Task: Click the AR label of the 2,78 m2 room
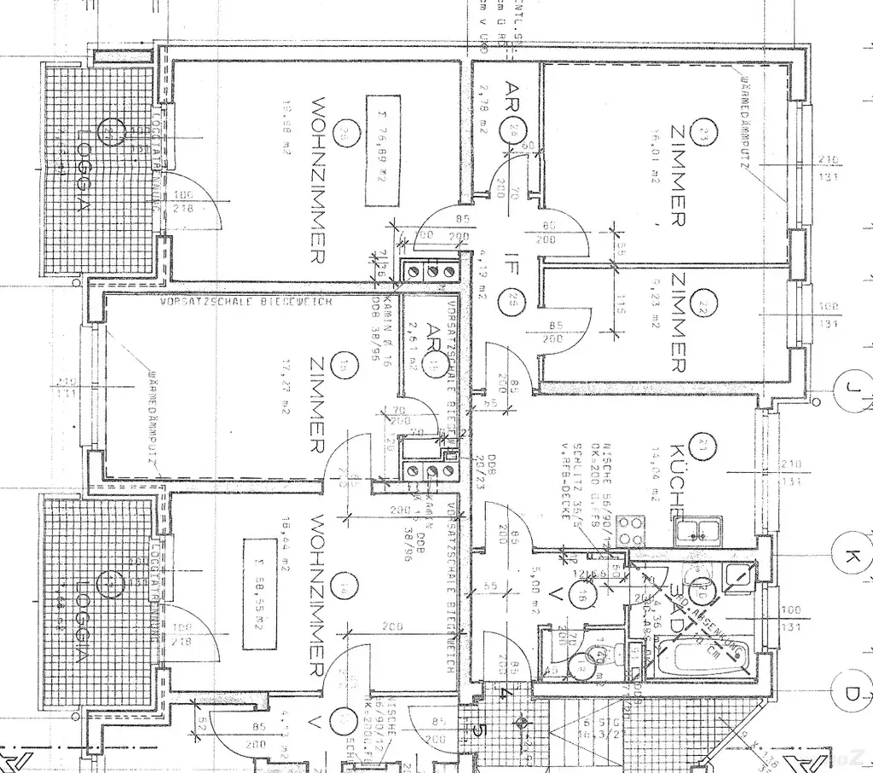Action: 512,91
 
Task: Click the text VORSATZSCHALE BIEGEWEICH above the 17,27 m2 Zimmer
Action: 246,301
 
